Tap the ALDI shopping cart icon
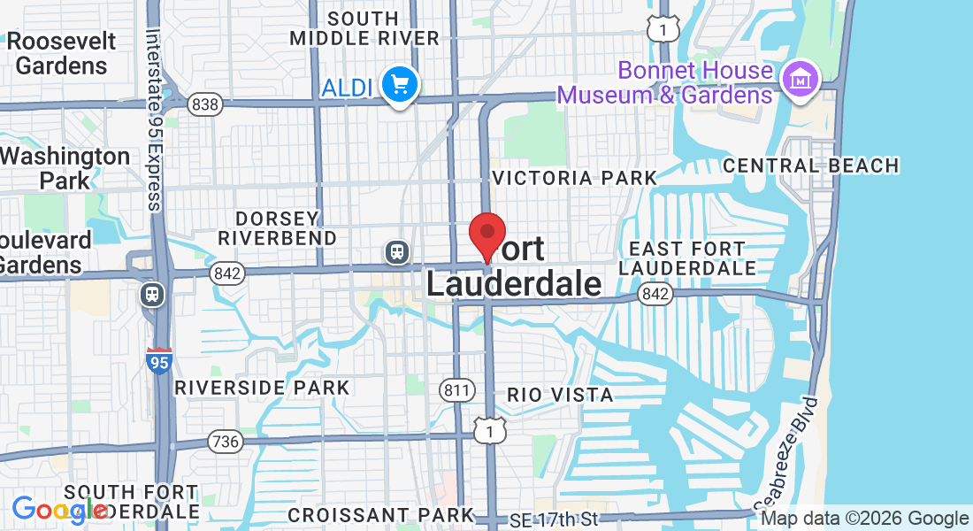(400, 86)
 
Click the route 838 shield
(204, 104)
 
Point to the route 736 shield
(226, 440)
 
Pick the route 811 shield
(456, 389)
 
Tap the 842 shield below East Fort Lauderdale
(655, 294)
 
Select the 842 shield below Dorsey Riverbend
(227, 274)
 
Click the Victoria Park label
(575, 178)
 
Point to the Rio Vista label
(560, 395)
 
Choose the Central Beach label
(810, 165)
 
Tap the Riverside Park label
(262, 388)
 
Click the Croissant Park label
(380, 514)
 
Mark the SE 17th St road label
(560, 519)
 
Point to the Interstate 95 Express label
(153, 119)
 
